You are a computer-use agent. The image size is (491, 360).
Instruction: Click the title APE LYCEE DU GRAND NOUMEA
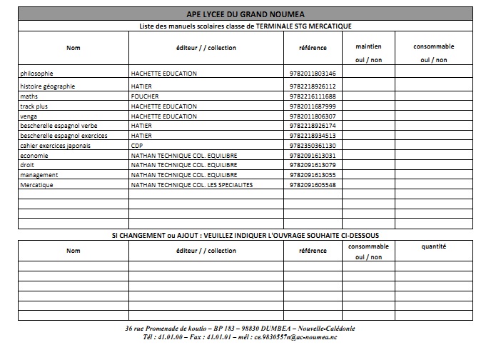click(246, 13)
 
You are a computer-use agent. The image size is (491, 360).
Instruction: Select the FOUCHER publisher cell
click(145, 96)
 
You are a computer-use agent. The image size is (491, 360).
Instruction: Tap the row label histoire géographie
click(47, 86)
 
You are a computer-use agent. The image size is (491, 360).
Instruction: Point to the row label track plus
click(34, 106)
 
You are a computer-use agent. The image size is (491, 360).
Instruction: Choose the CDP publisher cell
click(137, 145)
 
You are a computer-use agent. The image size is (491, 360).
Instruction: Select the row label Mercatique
click(37, 185)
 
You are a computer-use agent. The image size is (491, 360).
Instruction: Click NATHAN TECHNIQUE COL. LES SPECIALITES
click(192, 185)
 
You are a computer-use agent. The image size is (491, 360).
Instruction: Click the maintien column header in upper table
click(368, 47)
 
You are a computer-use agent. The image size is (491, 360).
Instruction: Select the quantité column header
click(433, 246)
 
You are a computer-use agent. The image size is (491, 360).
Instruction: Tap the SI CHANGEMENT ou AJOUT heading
click(246, 235)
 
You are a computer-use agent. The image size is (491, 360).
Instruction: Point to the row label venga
click(28, 116)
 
